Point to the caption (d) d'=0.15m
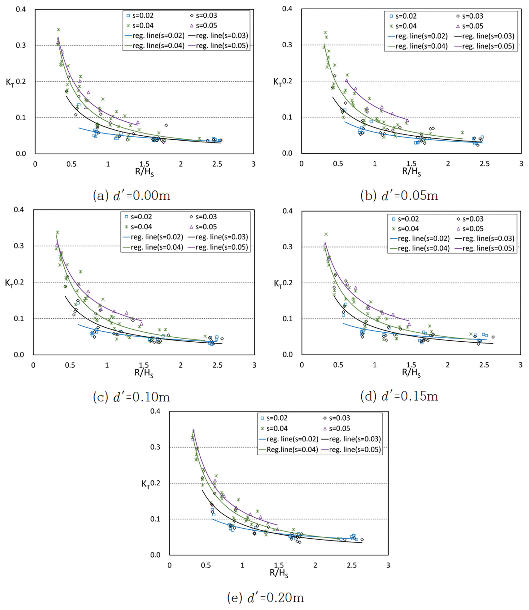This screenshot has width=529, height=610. point(399,396)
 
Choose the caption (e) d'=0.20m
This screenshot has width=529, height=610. point(265,598)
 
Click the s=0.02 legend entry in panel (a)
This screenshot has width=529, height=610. point(140,16)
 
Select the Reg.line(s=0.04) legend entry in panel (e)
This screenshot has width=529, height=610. point(288,449)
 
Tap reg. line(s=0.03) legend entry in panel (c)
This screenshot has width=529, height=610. point(218,237)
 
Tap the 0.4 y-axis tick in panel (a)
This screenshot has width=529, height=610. point(21,9)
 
